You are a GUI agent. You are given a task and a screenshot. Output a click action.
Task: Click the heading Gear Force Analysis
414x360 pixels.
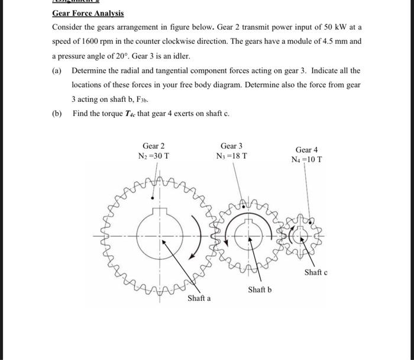pyautogui.click(x=88, y=13)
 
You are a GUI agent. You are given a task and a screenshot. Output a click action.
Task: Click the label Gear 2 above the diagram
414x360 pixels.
pyautogui.click(x=153, y=146)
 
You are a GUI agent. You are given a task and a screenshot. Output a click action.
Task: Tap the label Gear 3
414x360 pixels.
pyautogui.click(x=231, y=146)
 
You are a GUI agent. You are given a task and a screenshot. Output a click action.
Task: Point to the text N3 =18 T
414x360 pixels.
pyautogui.click(x=231, y=156)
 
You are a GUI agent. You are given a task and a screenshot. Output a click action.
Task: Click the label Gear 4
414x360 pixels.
pyautogui.click(x=307, y=150)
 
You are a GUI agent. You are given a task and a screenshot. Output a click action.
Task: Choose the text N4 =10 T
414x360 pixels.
pyautogui.click(x=307, y=160)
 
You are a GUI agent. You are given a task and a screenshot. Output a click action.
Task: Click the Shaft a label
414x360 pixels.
pyautogui.click(x=199, y=298)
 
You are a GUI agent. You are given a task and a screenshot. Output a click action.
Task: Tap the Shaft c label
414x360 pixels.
pyautogui.click(x=316, y=272)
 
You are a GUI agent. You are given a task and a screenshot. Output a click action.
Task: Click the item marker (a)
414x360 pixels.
pyautogui.click(x=57, y=70)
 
